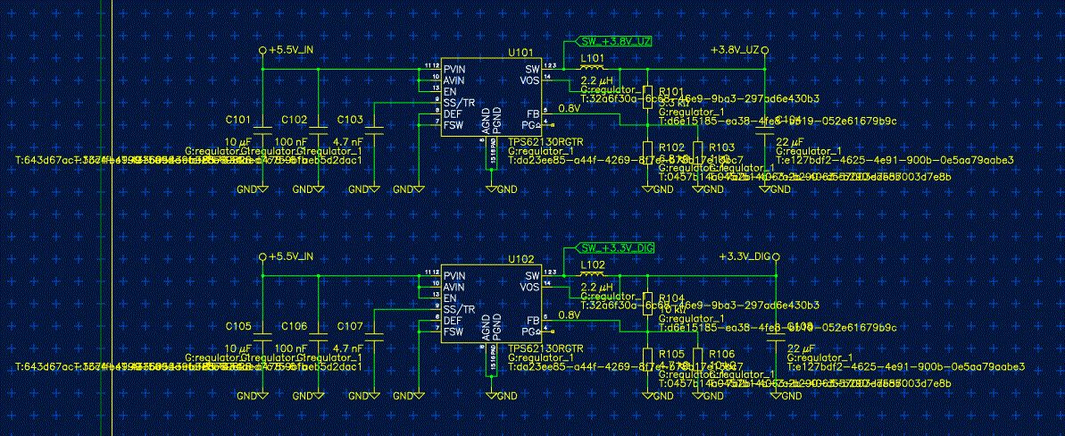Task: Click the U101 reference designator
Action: point(520,52)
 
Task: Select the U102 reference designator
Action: point(520,258)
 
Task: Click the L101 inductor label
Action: point(592,58)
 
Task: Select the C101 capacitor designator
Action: point(238,119)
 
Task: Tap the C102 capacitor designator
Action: point(295,119)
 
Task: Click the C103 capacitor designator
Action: point(351,119)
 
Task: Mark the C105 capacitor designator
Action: point(238,325)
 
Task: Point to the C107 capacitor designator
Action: point(351,325)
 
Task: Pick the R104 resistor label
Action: point(670,298)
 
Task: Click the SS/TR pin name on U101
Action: point(457,103)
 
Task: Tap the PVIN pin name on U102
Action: point(454,275)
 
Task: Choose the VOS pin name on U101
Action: point(530,80)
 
